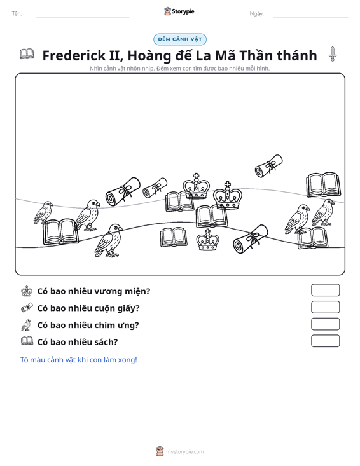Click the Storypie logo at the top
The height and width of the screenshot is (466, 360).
(x=179, y=11)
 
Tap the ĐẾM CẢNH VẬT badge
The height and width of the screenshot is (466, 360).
(x=180, y=39)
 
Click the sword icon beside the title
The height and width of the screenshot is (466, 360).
(x=333, y=54)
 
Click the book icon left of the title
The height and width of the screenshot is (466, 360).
(x=27, y=54)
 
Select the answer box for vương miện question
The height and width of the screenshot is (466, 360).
(x=325, y=290)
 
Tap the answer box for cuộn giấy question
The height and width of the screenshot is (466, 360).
(x=325, y=307)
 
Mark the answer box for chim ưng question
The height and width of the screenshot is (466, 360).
(x=325, y=324)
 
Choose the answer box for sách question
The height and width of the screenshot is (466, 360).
(x=325, y=341)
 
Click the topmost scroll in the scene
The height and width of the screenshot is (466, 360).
(x=269, y=166)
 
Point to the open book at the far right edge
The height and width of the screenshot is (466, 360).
(x=324, y=184)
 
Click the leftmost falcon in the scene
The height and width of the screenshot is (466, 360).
(x=43, y=212)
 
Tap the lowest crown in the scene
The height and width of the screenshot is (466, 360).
(x=208, y=240)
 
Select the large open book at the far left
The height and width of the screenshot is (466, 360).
(x=61, y=232)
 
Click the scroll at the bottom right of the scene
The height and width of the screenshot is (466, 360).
(x=251, y=239)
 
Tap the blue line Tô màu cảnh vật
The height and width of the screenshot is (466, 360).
(x=78, y=360)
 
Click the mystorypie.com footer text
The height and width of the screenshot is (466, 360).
(x=184, y=452)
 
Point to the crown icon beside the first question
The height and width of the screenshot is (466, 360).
(x=27, y=291)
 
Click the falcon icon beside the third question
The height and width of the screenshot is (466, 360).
(x=27, y=325)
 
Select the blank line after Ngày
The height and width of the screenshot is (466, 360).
(x=310, y=17)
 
